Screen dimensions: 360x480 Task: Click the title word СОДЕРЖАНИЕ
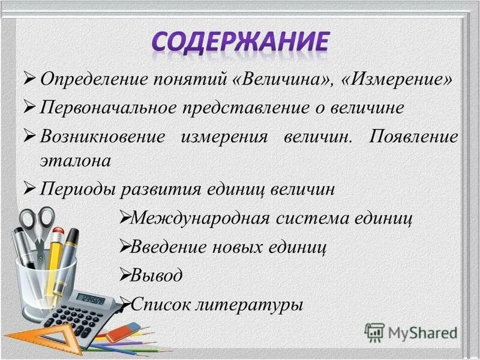pos(240,43)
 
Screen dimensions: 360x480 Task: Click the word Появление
pos(414,136)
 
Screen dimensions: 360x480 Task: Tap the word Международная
pos(202,217)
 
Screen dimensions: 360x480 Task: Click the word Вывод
pos(157,275)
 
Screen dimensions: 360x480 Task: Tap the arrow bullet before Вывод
pos(124,275)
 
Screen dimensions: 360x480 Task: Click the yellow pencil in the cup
pos(55,258)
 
